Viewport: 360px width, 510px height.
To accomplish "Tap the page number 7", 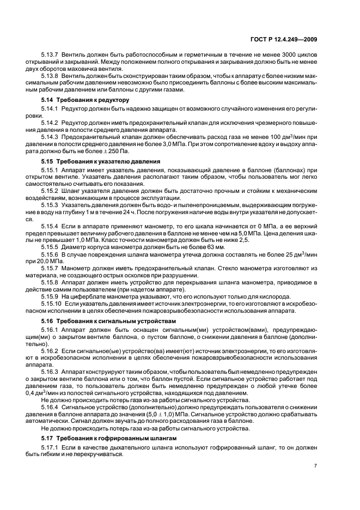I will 315,465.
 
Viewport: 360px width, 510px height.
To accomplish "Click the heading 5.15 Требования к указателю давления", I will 101,162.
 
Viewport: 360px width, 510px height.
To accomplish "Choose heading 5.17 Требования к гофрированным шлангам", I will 109,438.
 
